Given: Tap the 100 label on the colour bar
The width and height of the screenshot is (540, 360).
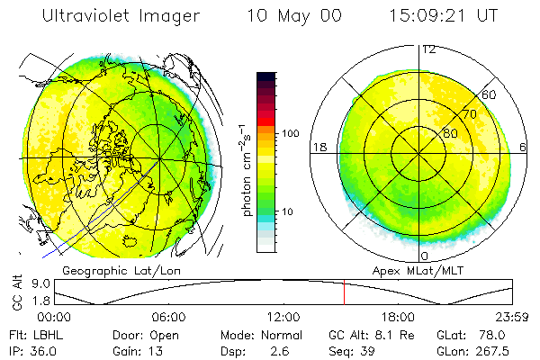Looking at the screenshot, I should tap(290, 132).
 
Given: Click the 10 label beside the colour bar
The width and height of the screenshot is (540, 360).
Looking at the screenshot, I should tap(287, 211).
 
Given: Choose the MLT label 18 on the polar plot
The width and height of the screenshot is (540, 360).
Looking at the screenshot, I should tap(318, 147).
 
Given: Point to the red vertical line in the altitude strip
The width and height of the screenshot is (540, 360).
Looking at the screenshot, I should tap(344, 292).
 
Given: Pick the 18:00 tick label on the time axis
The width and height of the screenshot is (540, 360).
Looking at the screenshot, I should tap(398, 318).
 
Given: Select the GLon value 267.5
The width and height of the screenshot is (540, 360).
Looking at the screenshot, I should tap(495, 351).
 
